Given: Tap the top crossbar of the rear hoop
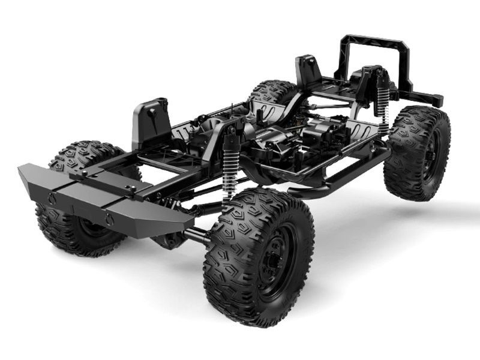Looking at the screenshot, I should pos(375,43).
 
